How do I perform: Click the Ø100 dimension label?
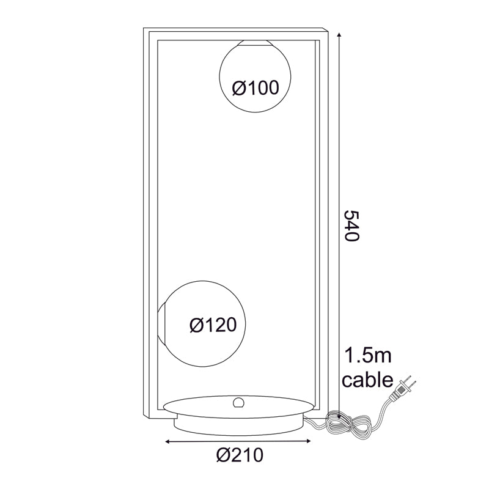pos(256,87)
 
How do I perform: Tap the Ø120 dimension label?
pos(213,325)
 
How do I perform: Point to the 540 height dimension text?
pos(352,226)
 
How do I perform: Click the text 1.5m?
pos(367,356)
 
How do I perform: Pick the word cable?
pos(368,380)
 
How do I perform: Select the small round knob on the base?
pos(238,402)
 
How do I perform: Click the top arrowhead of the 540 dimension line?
pos(339,34)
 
